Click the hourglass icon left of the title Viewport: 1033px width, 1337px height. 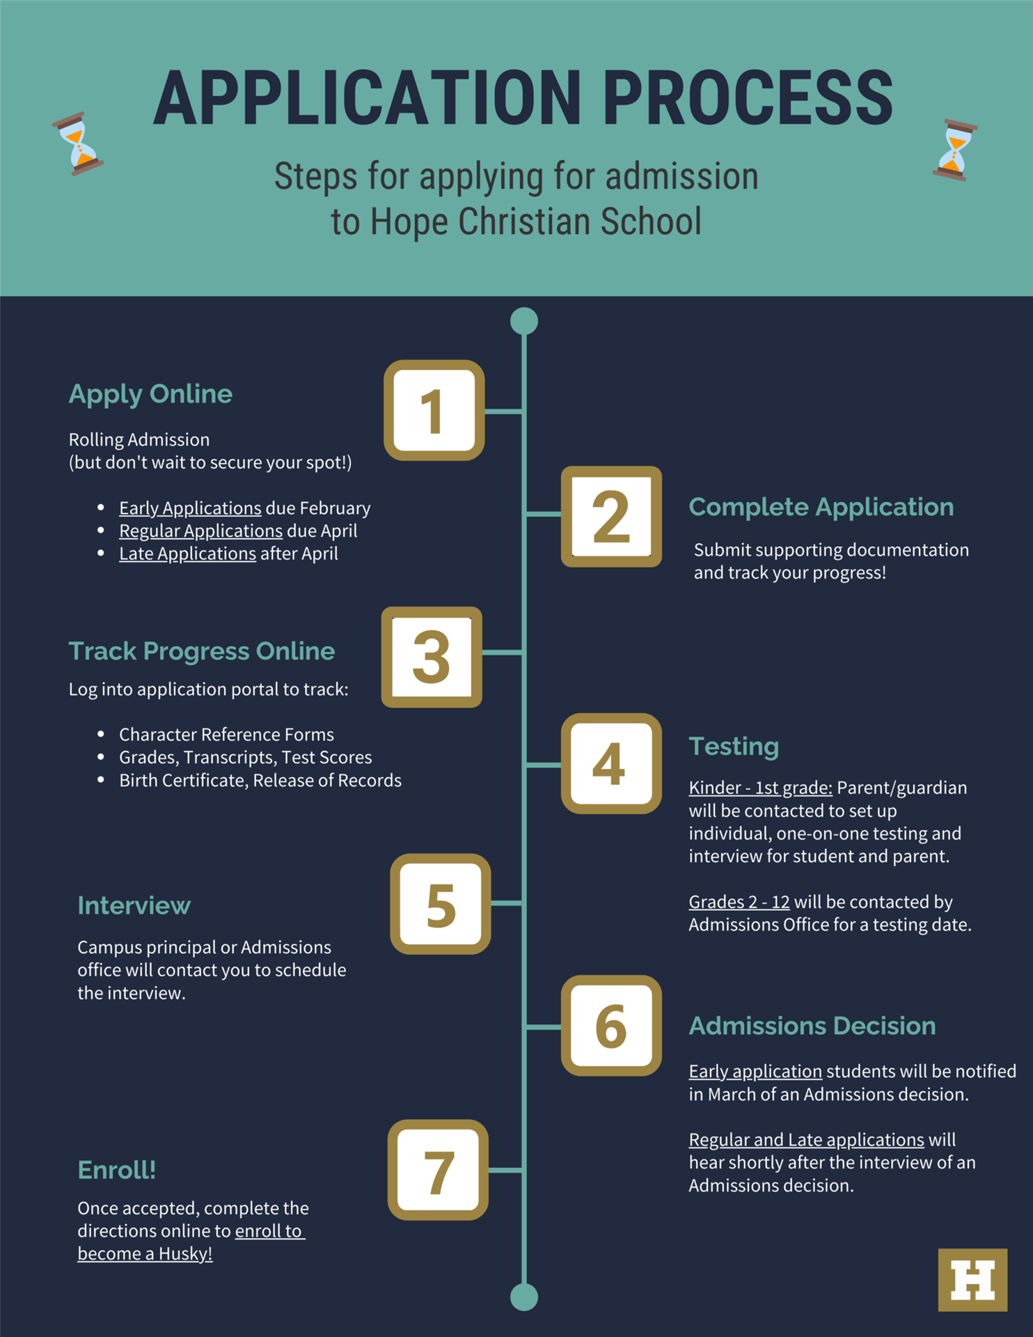point(78,143)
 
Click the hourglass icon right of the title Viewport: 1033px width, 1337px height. point(955,150)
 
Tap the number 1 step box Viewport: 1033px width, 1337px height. point(434,410)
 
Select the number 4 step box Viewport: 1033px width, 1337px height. point(611,763)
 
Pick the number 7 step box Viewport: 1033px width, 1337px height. point(438,1170)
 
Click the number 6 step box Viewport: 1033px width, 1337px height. point(611,1025)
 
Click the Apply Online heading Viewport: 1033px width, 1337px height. point(150,394)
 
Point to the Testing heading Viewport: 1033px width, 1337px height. point(734,746)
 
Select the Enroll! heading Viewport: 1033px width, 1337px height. point(116,1170)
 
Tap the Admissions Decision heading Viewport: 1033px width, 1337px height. point(812,1026)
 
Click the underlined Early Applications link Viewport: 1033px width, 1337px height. point(190,508)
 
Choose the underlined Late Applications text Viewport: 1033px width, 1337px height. point(187,554)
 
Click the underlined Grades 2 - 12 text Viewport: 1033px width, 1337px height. point(739,902)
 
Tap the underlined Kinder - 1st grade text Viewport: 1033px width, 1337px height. point(761,788)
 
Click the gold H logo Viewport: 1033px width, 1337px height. point(972,1280)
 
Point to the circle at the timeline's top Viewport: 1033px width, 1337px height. point(524,321)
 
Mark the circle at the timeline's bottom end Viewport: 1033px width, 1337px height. point(524,1297)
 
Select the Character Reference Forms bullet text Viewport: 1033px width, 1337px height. point(226,735)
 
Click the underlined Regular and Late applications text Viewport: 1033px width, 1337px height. point(806,1140)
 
